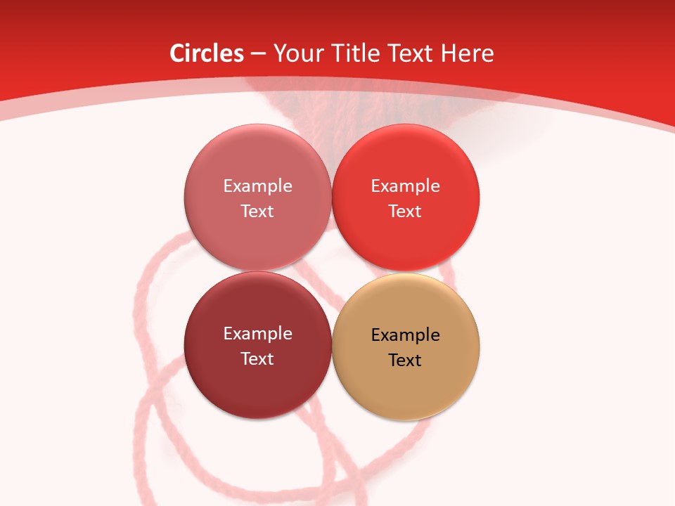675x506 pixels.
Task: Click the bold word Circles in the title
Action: [x=207, y=53]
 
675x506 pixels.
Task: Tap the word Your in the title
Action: [x=295, y=53]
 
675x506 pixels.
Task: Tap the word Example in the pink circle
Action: [x=257, y=186]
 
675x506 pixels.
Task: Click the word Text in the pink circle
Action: [x=257, y=211]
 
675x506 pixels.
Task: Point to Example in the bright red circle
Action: [x=405, y=186]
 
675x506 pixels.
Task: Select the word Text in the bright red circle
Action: [x=405, y=211]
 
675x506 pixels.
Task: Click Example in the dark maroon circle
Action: [x=257, y=333]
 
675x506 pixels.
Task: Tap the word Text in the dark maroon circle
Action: [x=257, y=358]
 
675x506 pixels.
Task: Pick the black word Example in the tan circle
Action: [x=405, y=335]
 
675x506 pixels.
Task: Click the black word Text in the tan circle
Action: [x=405, y=360]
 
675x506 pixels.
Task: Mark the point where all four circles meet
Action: [x=331, y=271]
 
